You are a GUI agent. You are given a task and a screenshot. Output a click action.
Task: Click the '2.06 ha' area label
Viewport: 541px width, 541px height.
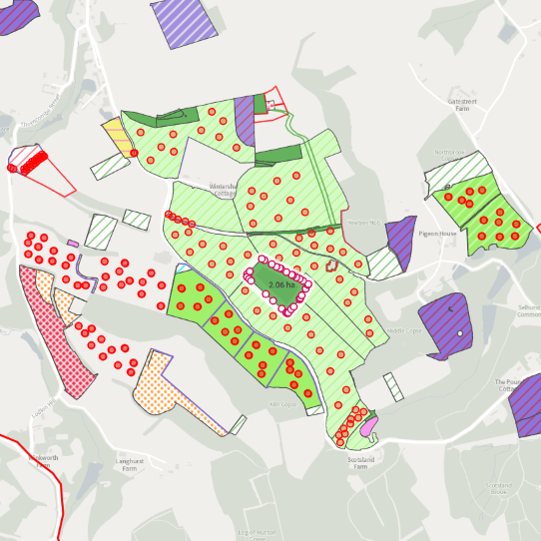[281, 285]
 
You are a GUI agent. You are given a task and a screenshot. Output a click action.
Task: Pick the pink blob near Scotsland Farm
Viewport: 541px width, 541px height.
[368, 427]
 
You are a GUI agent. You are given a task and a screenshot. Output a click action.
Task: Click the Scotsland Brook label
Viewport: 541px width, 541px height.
[499, 488]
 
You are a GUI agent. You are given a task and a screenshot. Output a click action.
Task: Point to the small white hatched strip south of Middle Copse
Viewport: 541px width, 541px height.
[393, 386]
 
